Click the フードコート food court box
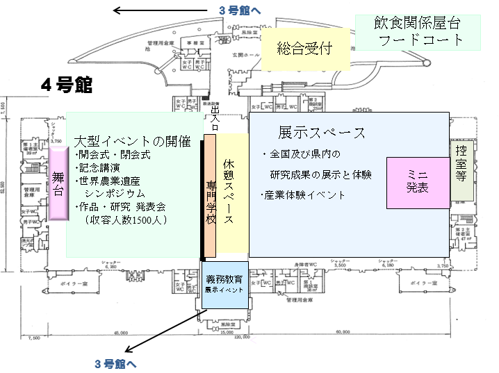419,32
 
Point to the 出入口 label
215,119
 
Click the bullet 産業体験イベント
303,195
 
